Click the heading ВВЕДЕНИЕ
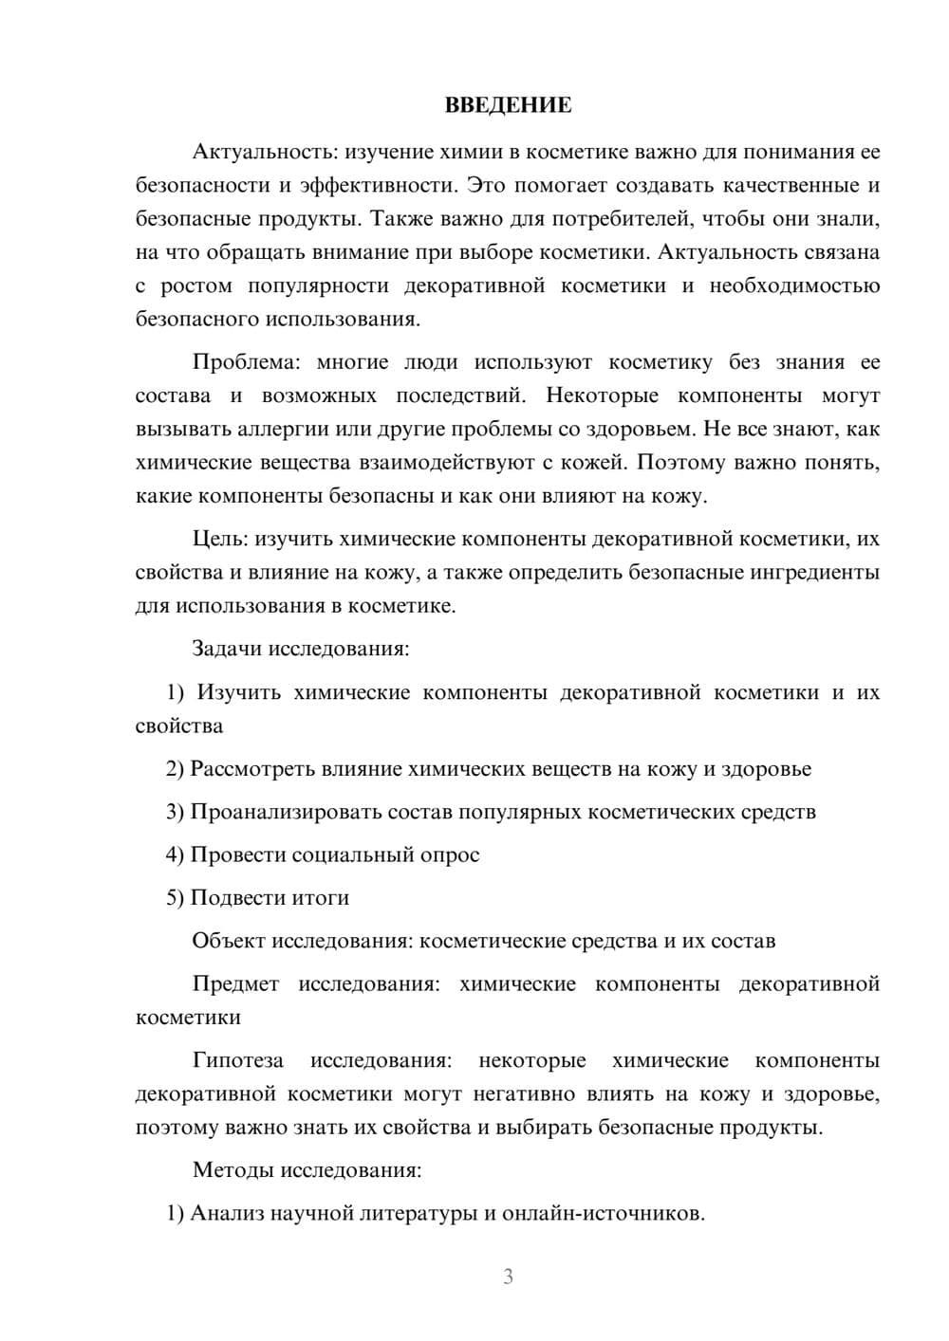pyautogui.click(x=508, y=105)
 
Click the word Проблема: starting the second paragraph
pyautogui.click(x=245, y=362)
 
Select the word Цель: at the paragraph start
pyautogui.click(x=222, y=539)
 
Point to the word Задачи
pyautogui.click(x=227, y=649)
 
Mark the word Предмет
pyautogui.click(x=235, y=983)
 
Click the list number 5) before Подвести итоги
pyautogui.click(x=175, y=897)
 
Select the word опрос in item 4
pyautogui.click(x=449, y=854)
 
